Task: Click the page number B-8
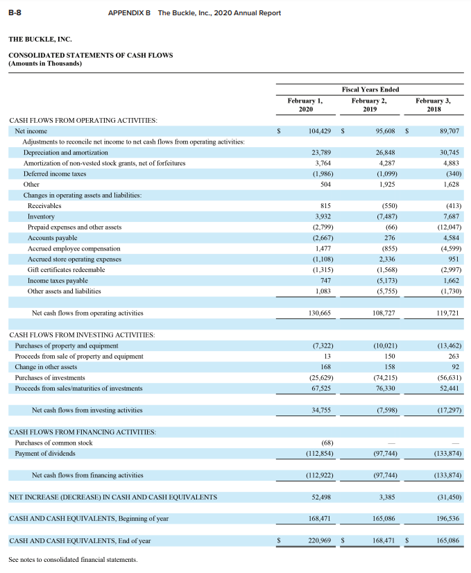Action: click(15, 13)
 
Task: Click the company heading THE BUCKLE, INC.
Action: click(40, 40)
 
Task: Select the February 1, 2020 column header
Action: click(305, 105)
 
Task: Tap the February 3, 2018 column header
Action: click(433, 105)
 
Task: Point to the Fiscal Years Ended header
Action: click(370, 89)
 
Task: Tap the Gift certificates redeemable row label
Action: click(66, 269)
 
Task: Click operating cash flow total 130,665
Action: click(319, 313)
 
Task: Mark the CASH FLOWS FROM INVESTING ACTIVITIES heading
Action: click(82, 335)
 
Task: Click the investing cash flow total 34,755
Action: click(320, 410)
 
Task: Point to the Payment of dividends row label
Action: click(45, 453)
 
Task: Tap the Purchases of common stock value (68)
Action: click(326, 443)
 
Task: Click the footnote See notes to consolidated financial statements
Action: click(73, 560)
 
